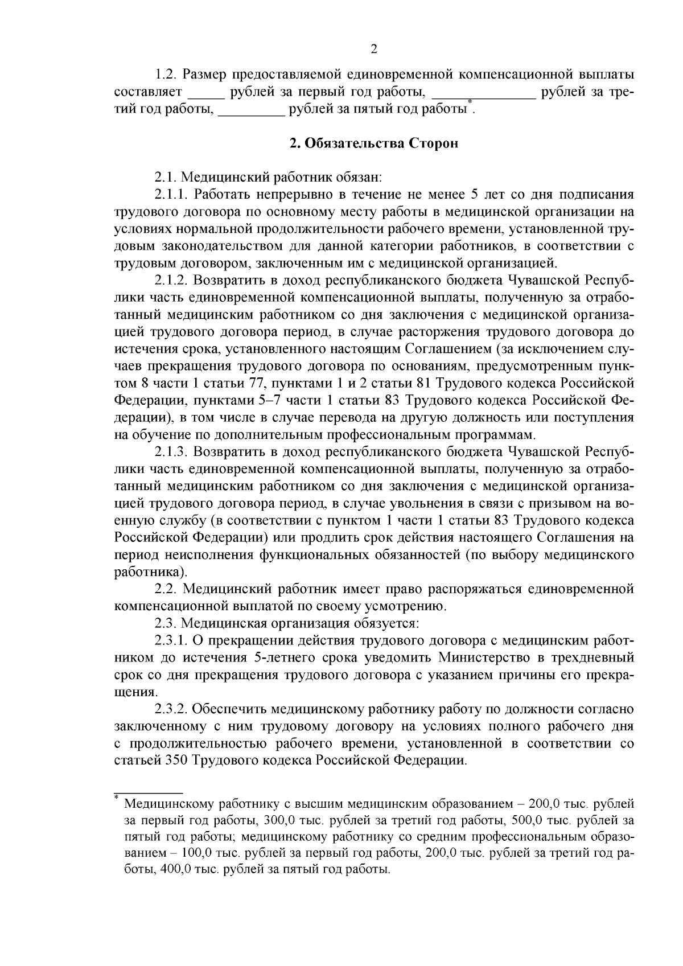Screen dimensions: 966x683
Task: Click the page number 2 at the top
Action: [374, 50]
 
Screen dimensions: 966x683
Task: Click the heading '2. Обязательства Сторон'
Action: [374, 143]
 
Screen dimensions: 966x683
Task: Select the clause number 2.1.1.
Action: [171, 195]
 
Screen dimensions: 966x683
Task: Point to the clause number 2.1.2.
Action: [171, 281]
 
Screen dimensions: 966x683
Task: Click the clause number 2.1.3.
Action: [171, 452]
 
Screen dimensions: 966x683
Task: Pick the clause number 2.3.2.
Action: [171, 709]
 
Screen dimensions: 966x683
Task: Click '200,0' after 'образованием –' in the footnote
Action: [545, 805]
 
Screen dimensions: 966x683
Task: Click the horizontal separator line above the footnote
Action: [148, 792]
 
